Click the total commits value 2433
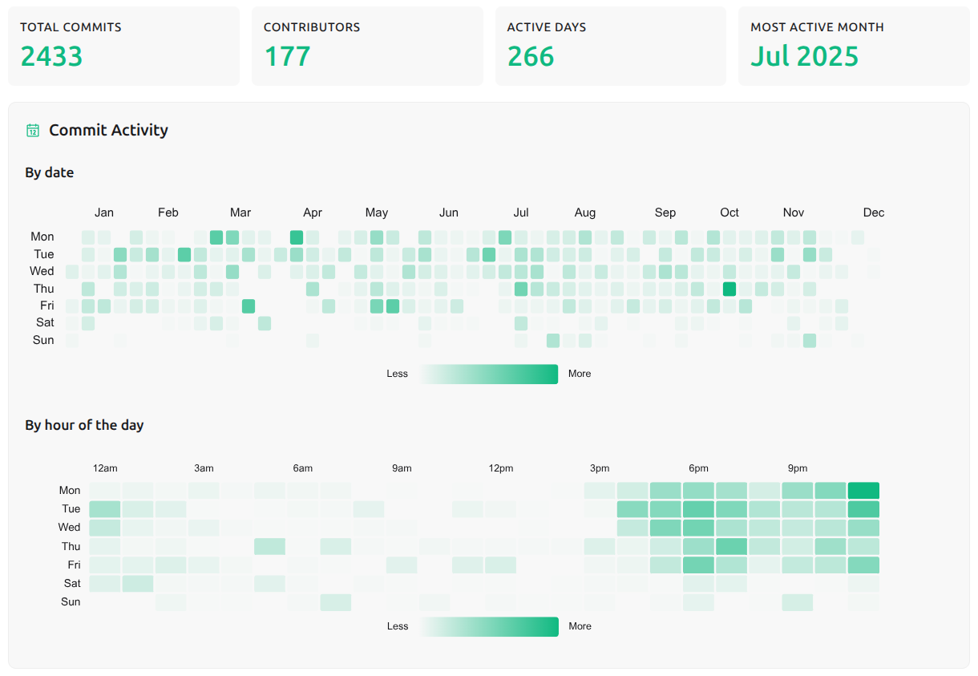51,56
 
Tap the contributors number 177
287,56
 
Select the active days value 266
531,56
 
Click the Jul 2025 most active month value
804,56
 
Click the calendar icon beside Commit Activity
33,131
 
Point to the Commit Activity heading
108,130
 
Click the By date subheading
50,172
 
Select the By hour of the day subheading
84,425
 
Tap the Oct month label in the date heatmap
729,213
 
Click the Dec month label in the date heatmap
874,213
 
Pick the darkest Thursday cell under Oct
729,289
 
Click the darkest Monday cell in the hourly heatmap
863,491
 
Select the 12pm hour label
501,468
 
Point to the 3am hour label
204,468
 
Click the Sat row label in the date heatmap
45,322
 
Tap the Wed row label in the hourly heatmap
70,527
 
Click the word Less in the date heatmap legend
397,374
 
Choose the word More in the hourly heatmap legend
580,626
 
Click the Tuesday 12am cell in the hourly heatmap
104,509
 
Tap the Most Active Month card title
817,27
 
